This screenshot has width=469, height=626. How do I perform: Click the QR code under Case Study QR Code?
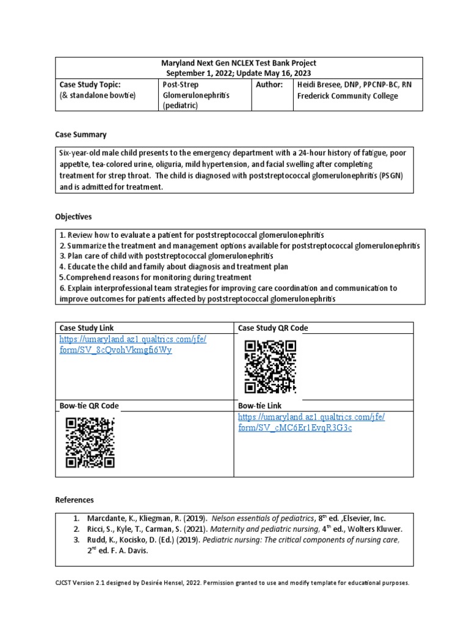270,367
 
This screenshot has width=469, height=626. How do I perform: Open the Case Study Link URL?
133,345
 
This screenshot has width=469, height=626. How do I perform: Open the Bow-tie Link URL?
311,422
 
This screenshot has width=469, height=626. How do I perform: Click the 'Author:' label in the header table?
269,84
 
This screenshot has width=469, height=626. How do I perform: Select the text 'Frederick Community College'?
347,96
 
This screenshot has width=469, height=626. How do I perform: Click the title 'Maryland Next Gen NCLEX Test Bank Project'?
239,63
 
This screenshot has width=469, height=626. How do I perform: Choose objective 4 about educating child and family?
174,267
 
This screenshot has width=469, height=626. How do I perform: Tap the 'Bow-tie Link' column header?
260,405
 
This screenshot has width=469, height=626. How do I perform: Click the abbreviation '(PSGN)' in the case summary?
393,176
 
